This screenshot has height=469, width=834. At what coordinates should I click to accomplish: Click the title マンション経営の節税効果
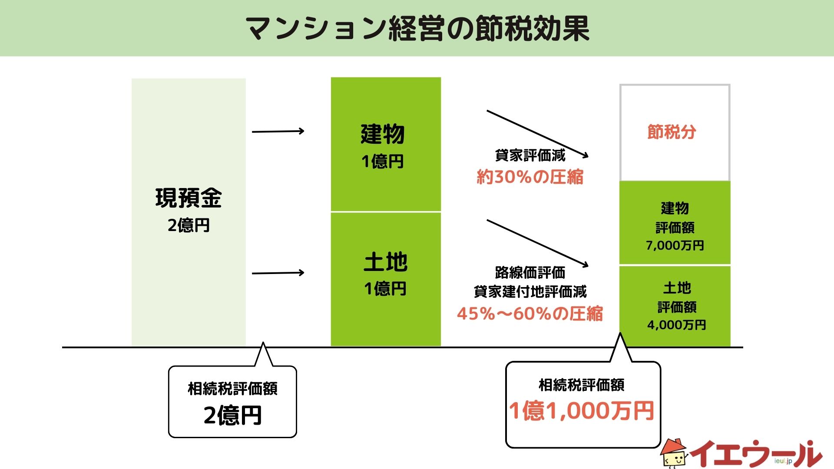417,29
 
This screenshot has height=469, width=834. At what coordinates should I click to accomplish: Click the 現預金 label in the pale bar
189,198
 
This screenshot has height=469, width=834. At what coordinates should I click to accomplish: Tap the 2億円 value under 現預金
189,225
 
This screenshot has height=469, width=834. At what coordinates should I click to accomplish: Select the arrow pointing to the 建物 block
278,131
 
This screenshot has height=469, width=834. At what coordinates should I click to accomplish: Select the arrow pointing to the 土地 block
278,273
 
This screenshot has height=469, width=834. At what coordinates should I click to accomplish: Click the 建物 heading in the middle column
383,134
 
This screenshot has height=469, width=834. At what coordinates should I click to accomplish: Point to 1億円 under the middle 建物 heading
383,162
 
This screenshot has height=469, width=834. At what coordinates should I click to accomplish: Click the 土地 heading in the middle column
386,262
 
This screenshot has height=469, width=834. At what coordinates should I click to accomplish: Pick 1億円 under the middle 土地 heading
385,289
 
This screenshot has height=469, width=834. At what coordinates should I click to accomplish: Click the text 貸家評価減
530,155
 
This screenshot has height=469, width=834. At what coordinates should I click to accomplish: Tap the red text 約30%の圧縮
530,177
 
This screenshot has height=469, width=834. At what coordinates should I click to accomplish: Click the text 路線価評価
530,273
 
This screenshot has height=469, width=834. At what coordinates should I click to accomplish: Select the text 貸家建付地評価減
530,291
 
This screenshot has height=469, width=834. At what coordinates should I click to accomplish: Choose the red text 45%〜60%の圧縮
530,314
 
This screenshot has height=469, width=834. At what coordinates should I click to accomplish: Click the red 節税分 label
672,132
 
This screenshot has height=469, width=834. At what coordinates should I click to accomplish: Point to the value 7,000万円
675,245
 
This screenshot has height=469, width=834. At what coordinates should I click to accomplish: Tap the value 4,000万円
677,325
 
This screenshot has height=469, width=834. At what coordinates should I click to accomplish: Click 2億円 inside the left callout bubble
233,415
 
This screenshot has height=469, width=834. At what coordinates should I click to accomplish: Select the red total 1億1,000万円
582,411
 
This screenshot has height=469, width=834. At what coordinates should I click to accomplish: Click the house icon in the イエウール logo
674,453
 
